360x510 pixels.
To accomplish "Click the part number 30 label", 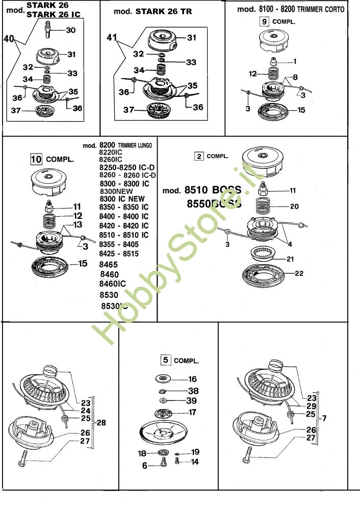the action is [x=71, y=30].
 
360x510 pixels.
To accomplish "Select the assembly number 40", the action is [x=9, y=38].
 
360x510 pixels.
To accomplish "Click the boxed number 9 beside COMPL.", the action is [x=264, y=21].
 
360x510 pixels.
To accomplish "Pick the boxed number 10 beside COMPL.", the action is [x=36, y=159].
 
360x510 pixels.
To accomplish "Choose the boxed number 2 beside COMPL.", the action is [x=199, y=156].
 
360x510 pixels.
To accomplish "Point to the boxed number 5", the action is [x=165, y=360].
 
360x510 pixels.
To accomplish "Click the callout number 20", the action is [x=295, y=207].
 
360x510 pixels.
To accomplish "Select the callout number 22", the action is [x=299, y=273].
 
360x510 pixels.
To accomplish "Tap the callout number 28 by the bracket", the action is [x=102, y=423].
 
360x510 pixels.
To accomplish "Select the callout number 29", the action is [x=311, y=406].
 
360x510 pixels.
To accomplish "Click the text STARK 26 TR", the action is [x=164, y=11].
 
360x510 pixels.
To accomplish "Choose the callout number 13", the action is [x=78, y=224].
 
